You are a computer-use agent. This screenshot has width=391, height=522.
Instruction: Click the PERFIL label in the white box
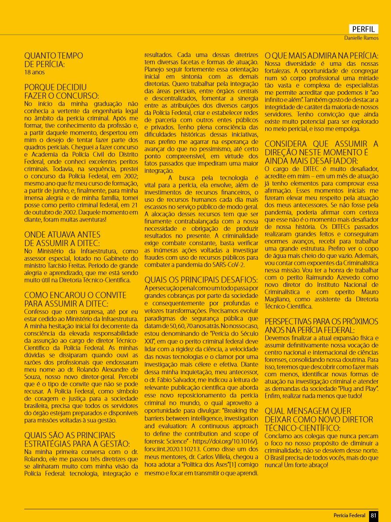point(364,29)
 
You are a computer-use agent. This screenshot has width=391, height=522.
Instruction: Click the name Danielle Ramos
point(361,38)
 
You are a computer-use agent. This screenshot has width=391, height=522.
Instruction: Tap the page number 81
point(373,515)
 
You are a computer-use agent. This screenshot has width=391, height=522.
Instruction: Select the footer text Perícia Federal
point(350,515)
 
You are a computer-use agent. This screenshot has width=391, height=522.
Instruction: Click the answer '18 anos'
point(35,72)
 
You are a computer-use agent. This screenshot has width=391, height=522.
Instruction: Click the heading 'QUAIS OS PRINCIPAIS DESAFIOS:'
point(201,279)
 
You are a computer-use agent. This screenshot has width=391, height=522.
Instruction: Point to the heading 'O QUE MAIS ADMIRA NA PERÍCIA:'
point(322,56)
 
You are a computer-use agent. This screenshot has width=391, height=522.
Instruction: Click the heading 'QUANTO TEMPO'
point(53,56)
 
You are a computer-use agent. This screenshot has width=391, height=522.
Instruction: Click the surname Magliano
point(279,300)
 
